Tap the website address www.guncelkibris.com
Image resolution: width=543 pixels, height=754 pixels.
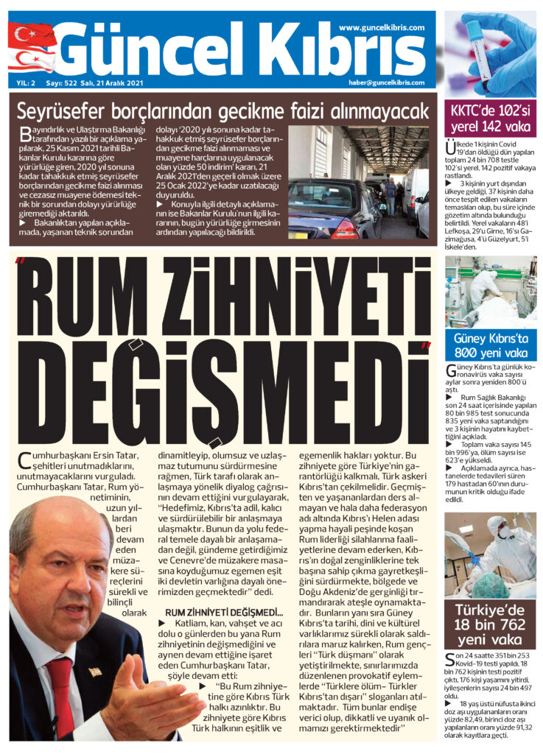click(382, 27)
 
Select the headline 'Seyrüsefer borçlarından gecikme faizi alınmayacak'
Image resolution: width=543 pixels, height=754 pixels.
click(222, 112)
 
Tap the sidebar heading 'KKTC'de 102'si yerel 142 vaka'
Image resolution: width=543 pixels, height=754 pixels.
click(490, 118)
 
